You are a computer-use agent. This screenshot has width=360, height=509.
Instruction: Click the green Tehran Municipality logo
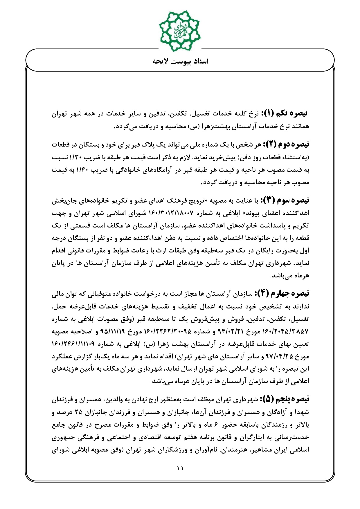[180, 30]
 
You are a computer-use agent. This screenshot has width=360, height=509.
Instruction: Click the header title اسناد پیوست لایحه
[180, 61]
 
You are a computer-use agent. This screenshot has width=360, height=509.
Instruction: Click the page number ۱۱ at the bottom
[180, 468]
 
